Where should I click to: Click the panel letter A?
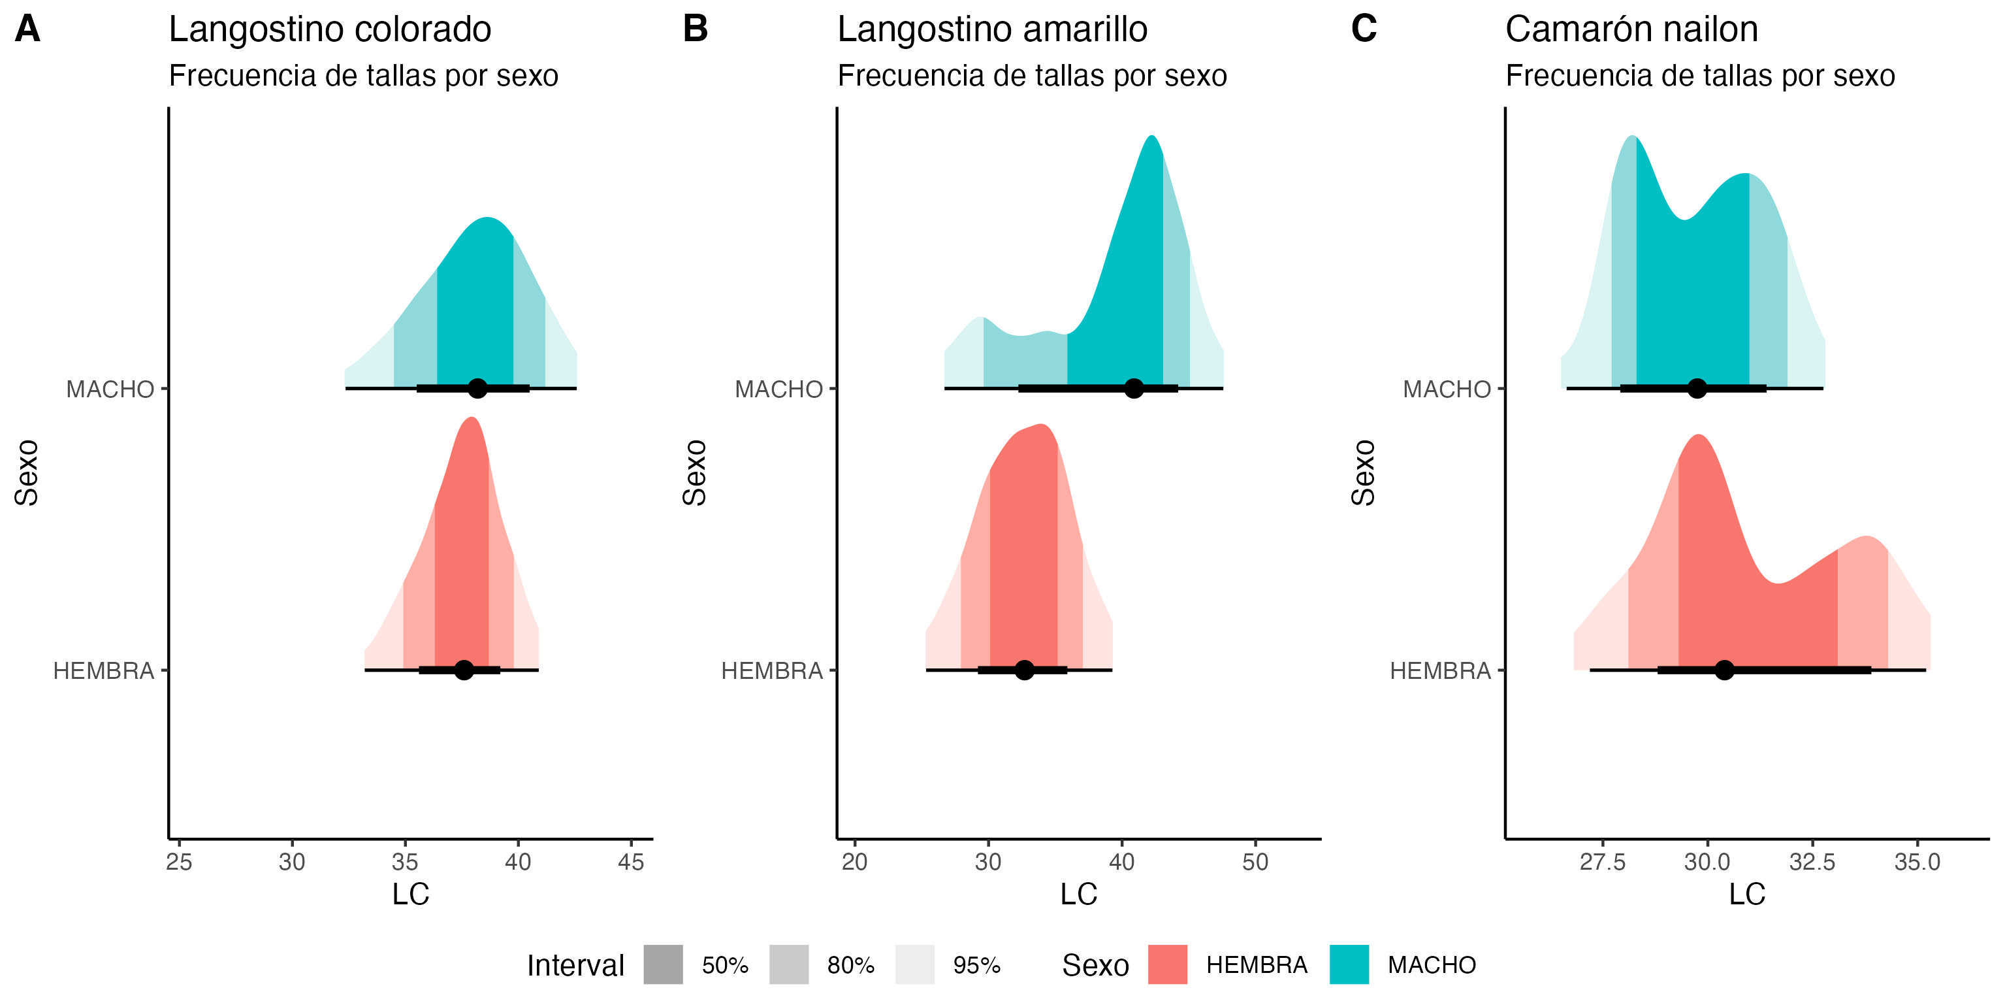click(27, 29)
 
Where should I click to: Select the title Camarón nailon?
click(1631, 29)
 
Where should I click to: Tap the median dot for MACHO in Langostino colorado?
click(478, 388)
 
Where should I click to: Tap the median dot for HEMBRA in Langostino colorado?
click(464, 670)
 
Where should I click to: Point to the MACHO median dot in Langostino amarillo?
click(1134, 388)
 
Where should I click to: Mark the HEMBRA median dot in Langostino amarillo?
click(1024, 670)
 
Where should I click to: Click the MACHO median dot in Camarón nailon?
click(1697, 388)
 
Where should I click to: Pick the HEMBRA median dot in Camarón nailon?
click(1725, 670)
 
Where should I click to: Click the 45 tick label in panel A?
click(630, 862)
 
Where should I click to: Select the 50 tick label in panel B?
click(1255, 862)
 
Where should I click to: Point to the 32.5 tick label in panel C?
click(1812, 862)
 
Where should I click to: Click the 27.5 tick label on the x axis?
click(1603, 862)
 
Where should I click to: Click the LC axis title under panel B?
click(1078, 894)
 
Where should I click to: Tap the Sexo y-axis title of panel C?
click(1363, 472)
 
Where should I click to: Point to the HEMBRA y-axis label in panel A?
click(104, 670)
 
